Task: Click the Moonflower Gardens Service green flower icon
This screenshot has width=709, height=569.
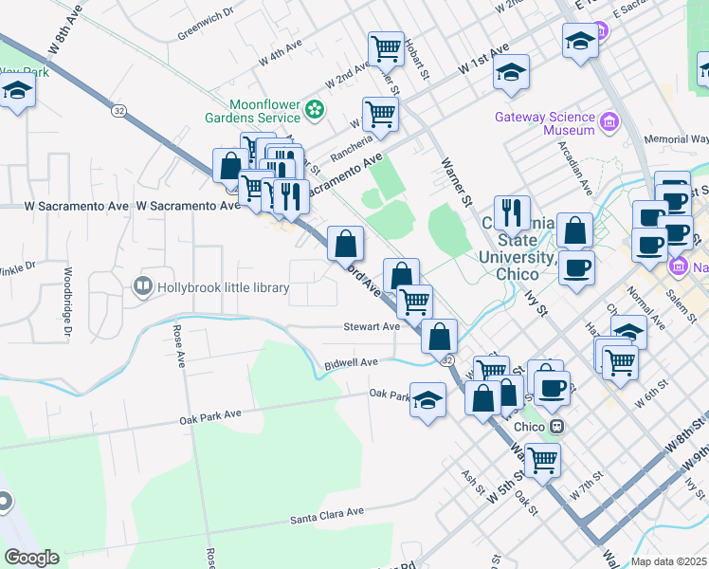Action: tap(315, 112)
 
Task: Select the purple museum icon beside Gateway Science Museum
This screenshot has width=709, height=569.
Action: tap(608, 120)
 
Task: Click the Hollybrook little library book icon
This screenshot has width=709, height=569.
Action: tap(142, 285)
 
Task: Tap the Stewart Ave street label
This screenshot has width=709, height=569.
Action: tap(372, 326)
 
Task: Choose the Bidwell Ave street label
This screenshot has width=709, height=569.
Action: tap(351, 362)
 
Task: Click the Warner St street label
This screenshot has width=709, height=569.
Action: tap(455, 180)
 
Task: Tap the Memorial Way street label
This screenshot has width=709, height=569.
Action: tap(676, 139)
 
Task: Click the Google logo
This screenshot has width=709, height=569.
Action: tap(31, 558)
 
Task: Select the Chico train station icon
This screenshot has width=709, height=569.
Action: tap(558, 427)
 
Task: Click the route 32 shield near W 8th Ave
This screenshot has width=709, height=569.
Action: tap(118, 111)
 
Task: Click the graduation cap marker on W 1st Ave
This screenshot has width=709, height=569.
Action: tap(511, 73)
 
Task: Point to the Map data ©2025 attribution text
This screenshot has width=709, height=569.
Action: tap(668, 561)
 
